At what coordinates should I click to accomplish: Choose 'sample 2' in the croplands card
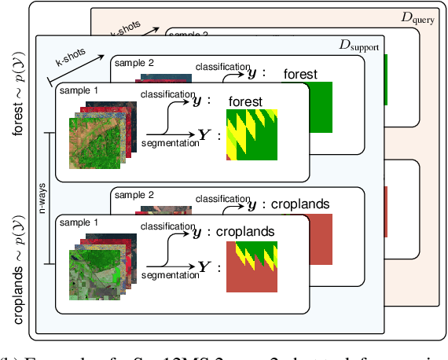(x=132, y=193)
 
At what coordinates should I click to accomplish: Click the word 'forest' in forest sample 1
(x=244, y=102)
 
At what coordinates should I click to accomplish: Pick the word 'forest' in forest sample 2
(x=300, y=75)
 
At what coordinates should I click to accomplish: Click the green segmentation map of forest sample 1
(x=252, y=134)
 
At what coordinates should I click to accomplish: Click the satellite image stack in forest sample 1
(x=93, y=130)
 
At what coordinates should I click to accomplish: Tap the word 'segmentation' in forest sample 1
(x=170, y=145)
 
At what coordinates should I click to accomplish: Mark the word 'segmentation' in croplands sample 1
(x=170, y=275)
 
